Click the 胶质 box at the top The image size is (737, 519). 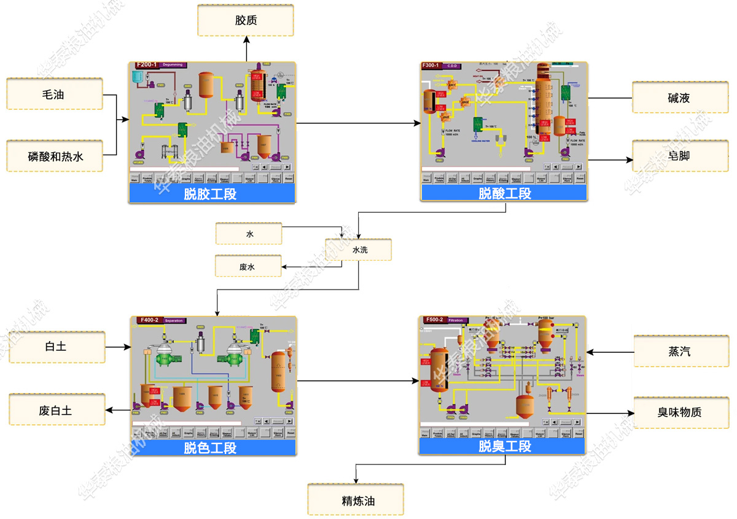click(x=246, y=20)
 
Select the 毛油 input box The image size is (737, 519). click(x=54, y=94)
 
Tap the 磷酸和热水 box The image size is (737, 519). click(x=54, y=156)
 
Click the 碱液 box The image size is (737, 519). click(x=679, y=98)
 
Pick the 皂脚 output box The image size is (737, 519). click(x=679, y=156)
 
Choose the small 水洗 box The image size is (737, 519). click(x=359, y=250)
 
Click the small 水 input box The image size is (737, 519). click(x=249, y=234)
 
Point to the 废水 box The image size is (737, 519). click(x=249, y=267)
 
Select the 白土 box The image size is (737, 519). click(x=56, y=347)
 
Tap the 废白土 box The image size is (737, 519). click(x=56, y=410)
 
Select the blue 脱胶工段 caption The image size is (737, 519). click(x=211, y=194)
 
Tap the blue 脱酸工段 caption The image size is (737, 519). click(x=504, y=193)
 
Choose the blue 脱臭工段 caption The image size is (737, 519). click(x=504, y=447)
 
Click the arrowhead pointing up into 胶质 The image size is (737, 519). click(x=246, y=39)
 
